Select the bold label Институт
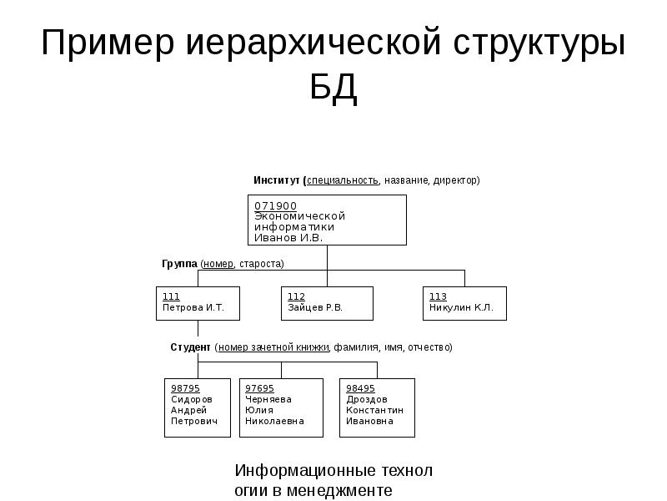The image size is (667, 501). click(x=278, y=180)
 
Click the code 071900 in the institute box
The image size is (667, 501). click(x=276, y=205)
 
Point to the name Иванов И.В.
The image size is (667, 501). click(x=288, y=238)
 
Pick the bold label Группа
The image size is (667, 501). click(x=179, y=264)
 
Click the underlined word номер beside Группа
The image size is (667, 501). click(x=218, y=264)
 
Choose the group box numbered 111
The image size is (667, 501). click(x=198, y=303)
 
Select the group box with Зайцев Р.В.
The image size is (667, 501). click(x=327, y=303)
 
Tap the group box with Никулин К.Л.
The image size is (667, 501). click(x=465, y=303)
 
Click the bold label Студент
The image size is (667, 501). click(x=191, y=347)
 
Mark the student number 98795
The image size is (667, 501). click(x=185, y=388)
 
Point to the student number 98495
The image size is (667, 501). click(x=360, y=388)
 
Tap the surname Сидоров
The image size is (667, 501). click(x=192, y=399)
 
